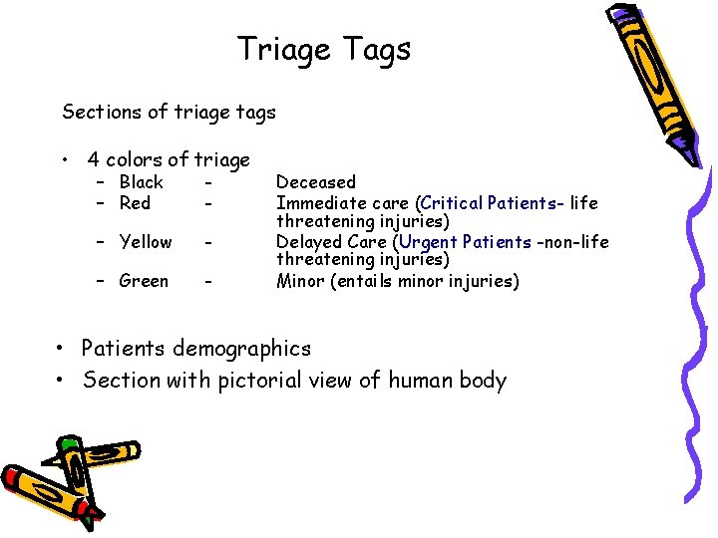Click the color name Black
[x=141, y=182]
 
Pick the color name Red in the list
[x=135, y=203]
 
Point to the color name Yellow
[x=145, y=242]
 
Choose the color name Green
[x=144, y=281]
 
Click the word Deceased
[x=315, y=182]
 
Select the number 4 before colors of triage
[x=94, y=159]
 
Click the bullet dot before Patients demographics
[x=63, y=349]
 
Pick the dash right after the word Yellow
[x=206, y=242]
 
